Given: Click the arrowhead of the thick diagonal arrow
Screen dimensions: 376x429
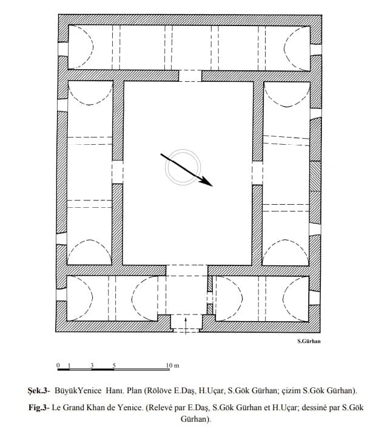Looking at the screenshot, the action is point(207,182).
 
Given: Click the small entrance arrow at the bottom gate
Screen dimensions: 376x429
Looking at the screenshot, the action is point(186,325).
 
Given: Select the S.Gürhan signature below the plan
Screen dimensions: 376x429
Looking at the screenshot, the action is point(309,341).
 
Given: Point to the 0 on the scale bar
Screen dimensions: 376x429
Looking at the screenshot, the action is point(58,365).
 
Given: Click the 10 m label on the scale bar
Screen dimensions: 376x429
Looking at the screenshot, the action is point(172,365).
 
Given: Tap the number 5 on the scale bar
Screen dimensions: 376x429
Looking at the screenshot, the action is point(114,365).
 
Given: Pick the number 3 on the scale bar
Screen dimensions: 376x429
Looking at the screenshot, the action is point(92,365).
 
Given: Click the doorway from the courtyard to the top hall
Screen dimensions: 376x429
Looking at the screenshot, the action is point(190,76).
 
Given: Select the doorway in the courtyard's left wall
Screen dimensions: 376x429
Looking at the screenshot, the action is point(118,172).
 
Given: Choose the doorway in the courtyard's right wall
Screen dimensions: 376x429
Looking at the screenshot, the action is point(257,173).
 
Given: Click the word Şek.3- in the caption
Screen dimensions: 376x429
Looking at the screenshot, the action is point(39,390).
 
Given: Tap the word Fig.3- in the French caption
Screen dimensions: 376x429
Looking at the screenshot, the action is point(39,408).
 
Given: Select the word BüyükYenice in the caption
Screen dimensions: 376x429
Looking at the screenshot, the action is point(78,390).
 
